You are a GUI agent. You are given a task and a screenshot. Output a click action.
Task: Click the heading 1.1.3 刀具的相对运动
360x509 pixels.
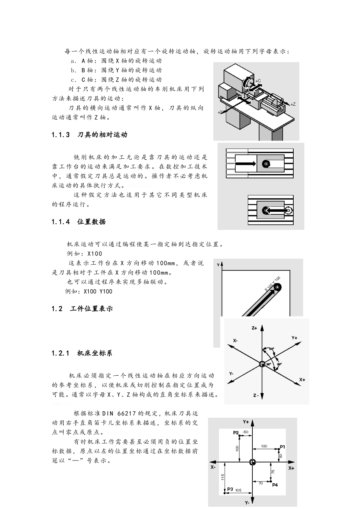point(89,135)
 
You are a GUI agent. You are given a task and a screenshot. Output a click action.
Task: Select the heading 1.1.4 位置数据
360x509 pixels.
point(79,222)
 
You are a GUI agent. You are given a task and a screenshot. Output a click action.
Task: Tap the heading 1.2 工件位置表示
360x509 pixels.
point(82,309)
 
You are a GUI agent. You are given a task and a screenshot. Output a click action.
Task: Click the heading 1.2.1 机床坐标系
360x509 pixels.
point(82,353)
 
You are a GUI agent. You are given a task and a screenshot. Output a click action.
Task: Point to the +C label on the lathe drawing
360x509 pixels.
point(258,81)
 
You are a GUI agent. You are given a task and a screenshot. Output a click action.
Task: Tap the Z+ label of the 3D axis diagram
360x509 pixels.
point(254,328)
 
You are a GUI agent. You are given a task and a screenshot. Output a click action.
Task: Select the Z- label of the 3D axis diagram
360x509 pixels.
point(256,395)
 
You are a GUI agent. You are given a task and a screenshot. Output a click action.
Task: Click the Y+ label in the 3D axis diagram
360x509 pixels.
point(294,337)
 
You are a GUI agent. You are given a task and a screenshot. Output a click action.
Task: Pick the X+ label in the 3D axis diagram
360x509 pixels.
point(302,379)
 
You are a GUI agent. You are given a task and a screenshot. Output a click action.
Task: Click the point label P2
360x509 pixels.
point(236,432)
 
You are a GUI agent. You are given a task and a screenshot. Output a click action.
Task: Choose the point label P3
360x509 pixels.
point(230,489)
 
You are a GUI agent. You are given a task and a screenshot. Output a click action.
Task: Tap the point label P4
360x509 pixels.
point(275,485)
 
